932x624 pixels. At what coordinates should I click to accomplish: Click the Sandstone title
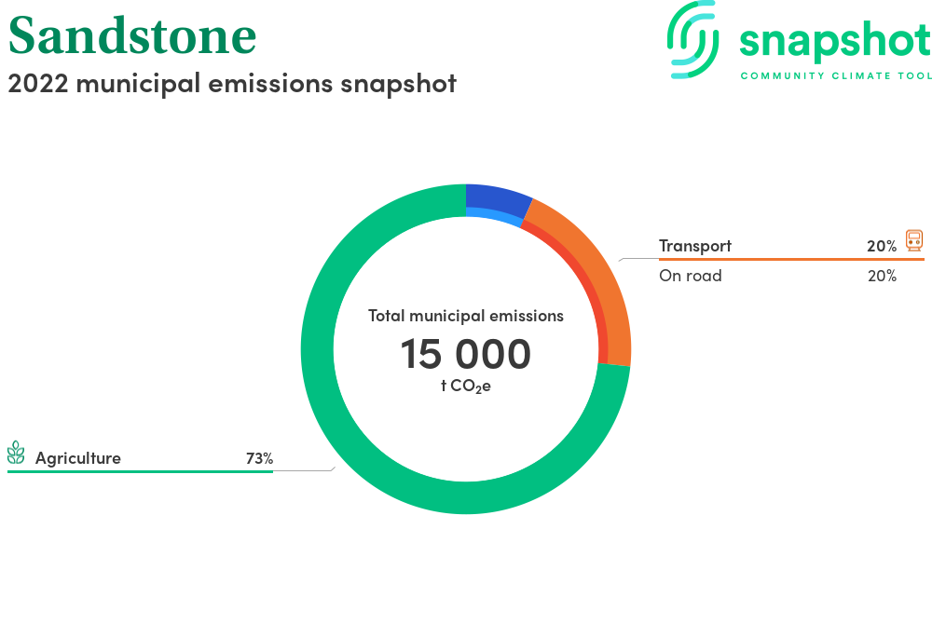(x=132, y=36)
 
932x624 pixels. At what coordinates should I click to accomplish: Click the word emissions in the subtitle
(x=270, y=83)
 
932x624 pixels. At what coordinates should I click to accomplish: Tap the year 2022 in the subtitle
(x=38, y=84)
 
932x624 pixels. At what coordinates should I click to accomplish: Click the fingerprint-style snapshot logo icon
(x=692, y=39)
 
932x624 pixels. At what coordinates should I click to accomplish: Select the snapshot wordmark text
(x=835, y=42)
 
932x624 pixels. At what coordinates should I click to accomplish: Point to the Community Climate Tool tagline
(x=836, y=76)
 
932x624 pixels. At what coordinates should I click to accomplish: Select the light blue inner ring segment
(x=493, y=215)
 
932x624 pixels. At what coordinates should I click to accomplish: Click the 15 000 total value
(x=465, y=354)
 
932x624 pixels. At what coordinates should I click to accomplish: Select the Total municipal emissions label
(x=465, y=316)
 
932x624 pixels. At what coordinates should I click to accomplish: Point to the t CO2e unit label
(x=465, y=387)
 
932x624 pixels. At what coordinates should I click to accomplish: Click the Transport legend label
(x=695, y=246)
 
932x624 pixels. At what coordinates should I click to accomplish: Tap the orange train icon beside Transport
(x=914, y=240)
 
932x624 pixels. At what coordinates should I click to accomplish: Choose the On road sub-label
(x=690, y=276)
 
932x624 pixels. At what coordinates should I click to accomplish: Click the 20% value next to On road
(x=882, y=276)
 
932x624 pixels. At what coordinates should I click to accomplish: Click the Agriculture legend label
(x=78, y=458)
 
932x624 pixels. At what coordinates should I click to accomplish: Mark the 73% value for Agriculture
(x=260, y=458)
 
